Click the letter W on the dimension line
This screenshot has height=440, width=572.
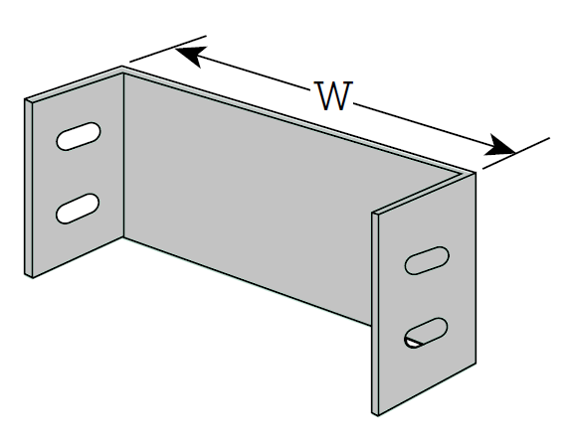pos(333,95)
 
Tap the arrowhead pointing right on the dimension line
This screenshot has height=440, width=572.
pos(499,146)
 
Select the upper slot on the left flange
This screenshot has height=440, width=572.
pos(79,136)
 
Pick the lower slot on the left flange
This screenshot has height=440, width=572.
pos(78,209)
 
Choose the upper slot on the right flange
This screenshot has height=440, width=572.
pos(427,260)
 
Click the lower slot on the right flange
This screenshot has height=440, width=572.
pos(426,333)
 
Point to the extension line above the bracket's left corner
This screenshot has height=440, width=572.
pos(168,49)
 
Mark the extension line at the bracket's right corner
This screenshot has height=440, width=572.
pos(516,153)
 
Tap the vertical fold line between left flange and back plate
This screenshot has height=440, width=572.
pos(123,156)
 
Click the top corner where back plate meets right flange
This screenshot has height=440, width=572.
pos(476,172)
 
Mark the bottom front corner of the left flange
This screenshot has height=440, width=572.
pos(33,278)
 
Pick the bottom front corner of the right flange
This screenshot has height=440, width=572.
pos(378,415)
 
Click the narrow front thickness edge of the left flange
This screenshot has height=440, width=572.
pos(29,188)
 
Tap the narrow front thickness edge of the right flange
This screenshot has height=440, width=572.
pos(375,314)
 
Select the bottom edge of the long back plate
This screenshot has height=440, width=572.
pos(248,281)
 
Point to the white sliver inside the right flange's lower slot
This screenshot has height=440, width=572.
pos(413,343)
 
